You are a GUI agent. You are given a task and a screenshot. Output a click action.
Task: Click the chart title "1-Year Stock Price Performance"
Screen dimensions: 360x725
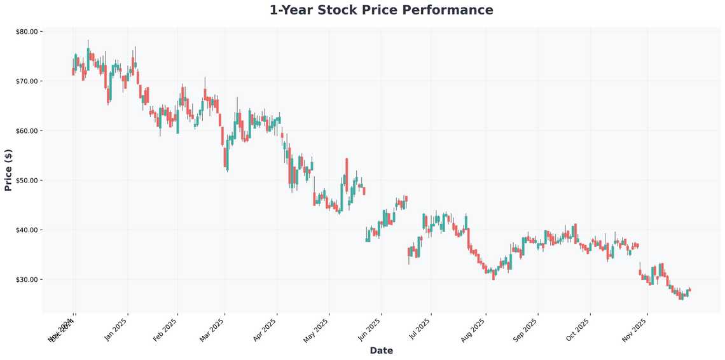point(381,10)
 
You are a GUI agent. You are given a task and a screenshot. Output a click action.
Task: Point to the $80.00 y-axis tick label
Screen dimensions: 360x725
point(27,31)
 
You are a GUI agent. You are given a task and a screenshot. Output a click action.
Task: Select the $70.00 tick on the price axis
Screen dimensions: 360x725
point(27,81)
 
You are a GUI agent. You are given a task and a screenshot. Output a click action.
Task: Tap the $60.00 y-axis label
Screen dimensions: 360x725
point(27,130)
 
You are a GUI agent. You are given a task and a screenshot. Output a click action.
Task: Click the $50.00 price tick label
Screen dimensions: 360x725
point(27,180)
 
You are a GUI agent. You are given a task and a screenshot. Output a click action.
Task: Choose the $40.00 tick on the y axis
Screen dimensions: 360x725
point(27,230)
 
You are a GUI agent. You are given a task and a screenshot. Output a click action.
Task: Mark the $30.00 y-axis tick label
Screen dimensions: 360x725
point(27,279)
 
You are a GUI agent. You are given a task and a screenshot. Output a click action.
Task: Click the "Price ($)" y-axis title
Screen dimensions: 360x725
point(8,170)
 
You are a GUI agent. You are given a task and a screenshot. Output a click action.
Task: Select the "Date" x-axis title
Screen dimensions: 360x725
point(381,350)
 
